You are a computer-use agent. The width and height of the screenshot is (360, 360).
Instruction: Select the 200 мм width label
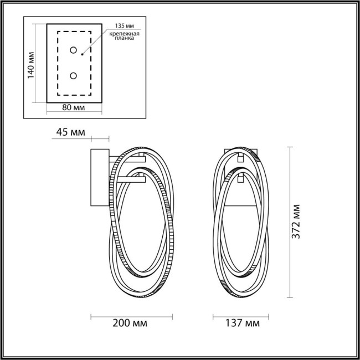[132, 323]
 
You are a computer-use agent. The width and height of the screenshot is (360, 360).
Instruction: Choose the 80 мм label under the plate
[74, 107]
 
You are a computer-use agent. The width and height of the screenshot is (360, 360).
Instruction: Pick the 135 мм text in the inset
[125, 26]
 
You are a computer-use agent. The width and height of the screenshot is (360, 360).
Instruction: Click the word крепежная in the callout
[124, 35]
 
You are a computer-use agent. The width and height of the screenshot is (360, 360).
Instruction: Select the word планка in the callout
[124, 42]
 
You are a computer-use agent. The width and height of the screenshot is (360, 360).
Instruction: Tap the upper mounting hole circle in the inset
[73, 50]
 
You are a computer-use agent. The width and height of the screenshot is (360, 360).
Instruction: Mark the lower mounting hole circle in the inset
[73, 75]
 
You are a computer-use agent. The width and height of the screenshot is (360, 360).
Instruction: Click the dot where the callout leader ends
[82, 54]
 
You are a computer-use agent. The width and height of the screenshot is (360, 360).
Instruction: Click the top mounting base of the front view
[240, 151]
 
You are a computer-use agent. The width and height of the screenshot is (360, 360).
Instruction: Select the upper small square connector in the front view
[240, 158]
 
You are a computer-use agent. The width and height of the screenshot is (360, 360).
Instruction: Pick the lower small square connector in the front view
[240, 178]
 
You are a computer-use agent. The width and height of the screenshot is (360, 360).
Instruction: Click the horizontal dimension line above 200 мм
[132, 317]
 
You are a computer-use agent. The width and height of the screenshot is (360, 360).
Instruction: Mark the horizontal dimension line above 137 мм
[240, 317]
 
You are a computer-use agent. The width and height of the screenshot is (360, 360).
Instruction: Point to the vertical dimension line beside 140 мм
[37, 63]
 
